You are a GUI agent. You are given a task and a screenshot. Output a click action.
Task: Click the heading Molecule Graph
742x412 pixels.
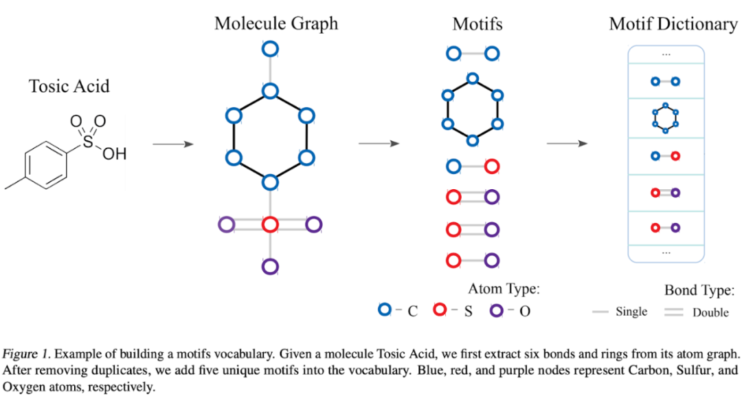click(276, 23)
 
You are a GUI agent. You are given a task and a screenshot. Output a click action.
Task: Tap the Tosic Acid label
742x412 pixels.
click(69, 87)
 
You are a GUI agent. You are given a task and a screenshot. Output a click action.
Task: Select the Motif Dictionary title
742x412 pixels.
click(673, 24)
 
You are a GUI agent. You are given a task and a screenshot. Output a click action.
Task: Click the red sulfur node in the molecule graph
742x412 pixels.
click(270, 224)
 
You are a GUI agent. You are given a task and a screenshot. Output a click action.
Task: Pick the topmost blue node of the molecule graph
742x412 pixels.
click(270, 49)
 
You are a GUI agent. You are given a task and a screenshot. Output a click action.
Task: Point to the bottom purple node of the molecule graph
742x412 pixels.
click(270, 266)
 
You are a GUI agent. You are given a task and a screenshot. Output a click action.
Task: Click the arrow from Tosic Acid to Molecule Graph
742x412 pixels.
click(172, 144)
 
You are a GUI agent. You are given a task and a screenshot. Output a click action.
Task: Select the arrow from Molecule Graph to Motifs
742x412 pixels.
click(379, 144)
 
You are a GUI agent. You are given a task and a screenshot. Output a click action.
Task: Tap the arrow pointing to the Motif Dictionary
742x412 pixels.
click(567, 144)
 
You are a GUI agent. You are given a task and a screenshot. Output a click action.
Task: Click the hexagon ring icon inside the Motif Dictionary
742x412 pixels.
click(665, 118)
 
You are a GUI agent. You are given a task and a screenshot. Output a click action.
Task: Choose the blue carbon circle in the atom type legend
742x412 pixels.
click(385, 310)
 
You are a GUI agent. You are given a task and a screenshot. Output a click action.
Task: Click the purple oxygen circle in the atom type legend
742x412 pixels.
click(497, 310)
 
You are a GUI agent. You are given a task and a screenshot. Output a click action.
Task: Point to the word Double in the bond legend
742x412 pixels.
click(710, 312)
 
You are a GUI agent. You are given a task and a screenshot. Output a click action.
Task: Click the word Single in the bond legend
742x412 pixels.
click(631, 312)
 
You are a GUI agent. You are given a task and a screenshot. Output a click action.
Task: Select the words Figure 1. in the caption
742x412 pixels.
click(26, 355)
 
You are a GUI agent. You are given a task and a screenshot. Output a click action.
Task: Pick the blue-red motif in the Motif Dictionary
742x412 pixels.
click(665, 156)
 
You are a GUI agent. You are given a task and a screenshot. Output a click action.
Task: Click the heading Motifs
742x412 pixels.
click(477, 24)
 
